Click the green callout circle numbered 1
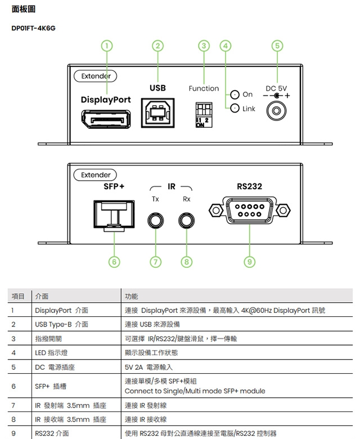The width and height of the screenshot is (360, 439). click(x=107, y=46)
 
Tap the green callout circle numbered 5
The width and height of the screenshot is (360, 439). click(x=276, y=46)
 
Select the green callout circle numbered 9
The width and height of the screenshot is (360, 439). click(x=249, y=261)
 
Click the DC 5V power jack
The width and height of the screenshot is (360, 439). click(x=276, y=110)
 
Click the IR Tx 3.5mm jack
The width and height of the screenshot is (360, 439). click(x=155, y=219)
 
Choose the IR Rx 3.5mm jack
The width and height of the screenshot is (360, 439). click(x=187, y=219)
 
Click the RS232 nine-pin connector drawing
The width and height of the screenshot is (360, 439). click(x=249, y=212)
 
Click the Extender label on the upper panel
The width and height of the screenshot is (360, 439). click(x=96, y=76)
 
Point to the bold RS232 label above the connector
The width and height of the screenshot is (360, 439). click(x=249, y=186)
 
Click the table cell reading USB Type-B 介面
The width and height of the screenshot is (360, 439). click(x=61, y=324)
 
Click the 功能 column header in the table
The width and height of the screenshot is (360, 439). click(x=131, y=296)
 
